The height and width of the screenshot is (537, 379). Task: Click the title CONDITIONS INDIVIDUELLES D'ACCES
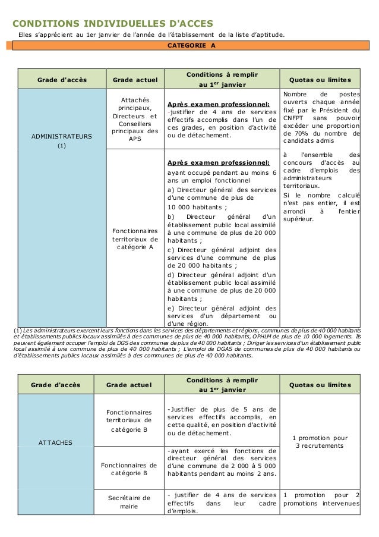112,23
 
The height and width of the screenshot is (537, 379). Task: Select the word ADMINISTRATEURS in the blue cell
61,136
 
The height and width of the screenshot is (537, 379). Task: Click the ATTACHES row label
56,442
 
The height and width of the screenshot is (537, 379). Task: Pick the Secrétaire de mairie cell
128,502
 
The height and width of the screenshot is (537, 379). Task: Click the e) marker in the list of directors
172,308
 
